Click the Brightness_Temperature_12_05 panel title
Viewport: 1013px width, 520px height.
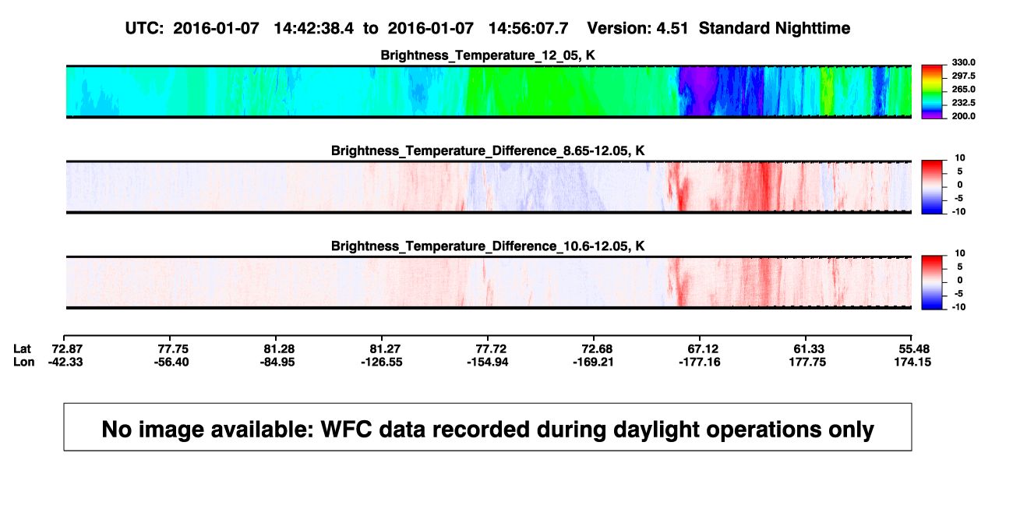pyautogui.click(x=488, y=55)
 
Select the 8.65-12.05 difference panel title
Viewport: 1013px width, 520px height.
pyautogui.click(x=488, y=150)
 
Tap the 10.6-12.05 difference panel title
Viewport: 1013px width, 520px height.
pyautogui.click(x=488, y=246)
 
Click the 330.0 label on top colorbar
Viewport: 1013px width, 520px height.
pyautogui.click(x=963, y=62)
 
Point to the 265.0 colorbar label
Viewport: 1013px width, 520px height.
pyautogui.click(x=963, y=89)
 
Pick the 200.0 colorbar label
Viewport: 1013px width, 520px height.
pyautogui.click(x=963, y=116)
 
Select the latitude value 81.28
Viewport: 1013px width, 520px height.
pyautogui.click(x=279, y=349)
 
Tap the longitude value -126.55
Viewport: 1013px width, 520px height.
pyautogui.click(x=382, y=362)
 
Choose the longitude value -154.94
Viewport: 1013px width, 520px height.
pyautogui.click(x=488, y=362)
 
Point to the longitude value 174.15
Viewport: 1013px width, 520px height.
pyautogui.click(x=912, y=362)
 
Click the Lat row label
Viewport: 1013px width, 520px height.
pyautogui.click(x=22, y=349)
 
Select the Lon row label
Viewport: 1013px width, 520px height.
pyautogui.click(x=24, y=362)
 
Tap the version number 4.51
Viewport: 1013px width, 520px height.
pyautogui.click(x=672, y=29)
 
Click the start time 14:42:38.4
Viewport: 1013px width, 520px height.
pyautogui.click(x=313, y=29)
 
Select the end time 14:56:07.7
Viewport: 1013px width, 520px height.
pyautogui.click(x=528, y=29)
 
